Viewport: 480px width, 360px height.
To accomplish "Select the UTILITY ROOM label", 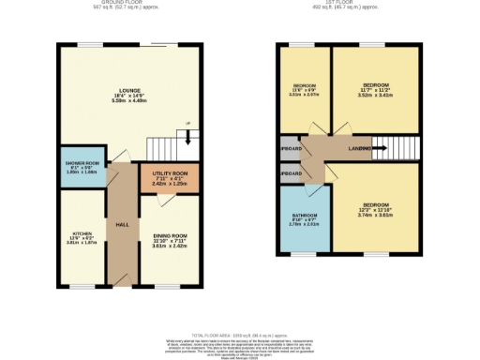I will click(x=164, y=173).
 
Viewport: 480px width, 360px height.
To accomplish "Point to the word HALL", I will click(x=122, y=225).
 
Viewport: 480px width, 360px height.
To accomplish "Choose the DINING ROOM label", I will click(x=170, y=235).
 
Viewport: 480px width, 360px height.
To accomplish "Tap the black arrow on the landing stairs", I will click(x=382, y=148).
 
